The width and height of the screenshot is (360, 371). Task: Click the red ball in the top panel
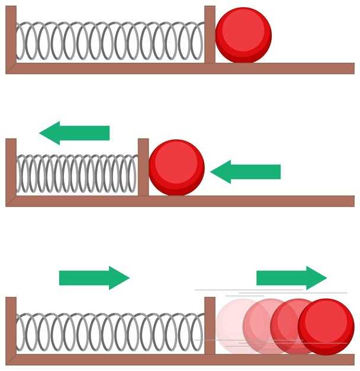pyautogui.click(x=243, y=35)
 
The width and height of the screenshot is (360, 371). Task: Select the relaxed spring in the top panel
pyautogui.click(x=110, y=41)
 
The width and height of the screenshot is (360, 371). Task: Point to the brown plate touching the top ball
pyautogui.click(x=210, y=34)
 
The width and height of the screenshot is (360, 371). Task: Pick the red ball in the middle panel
pyautogui.click(x=176, y=168)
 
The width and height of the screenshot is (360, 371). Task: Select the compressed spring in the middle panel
pyautogui.click(x=77, y=174)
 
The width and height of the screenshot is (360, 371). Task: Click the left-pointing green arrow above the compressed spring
pyautogui.click(x=75, y=133)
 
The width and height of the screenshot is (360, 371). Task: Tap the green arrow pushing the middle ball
pyautogui.click(x=245, y=172)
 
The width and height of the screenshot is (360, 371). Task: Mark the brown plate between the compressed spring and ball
pyautogui.click(x=143, y=167)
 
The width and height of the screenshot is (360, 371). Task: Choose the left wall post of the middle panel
pyautogui.click(x=11, y=169)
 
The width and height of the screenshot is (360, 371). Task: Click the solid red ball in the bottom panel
pyautogui.click(x=326, y=327)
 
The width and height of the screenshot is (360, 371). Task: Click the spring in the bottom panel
pyautogui.click(x=110, y=332)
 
